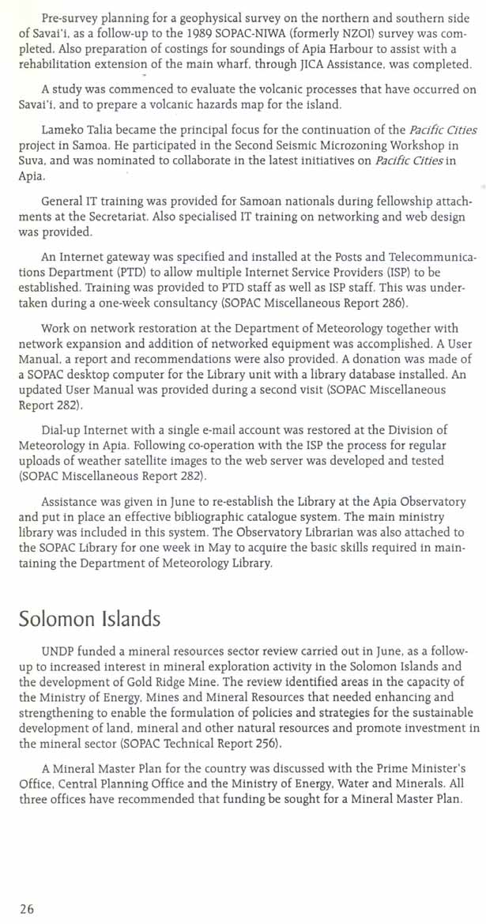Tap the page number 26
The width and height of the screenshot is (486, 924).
pos(27,909)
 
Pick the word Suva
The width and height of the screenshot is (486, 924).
pos(32,178)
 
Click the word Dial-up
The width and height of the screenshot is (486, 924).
pos(62,430)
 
